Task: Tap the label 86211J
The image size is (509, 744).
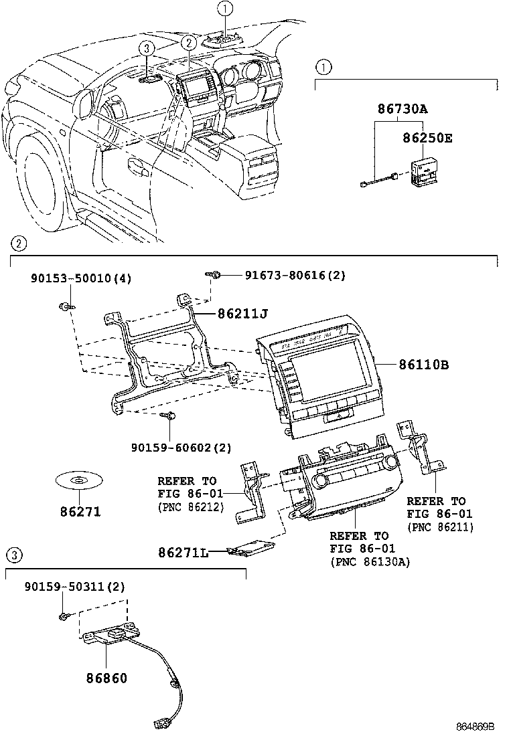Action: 243,312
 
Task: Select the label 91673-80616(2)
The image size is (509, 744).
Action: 295,275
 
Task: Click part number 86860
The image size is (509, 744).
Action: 106,678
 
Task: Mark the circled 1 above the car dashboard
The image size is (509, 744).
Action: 226,9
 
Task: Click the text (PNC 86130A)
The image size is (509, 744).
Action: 370,562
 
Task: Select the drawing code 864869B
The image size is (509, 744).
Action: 475,727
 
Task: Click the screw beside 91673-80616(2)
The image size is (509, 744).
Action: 214,274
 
